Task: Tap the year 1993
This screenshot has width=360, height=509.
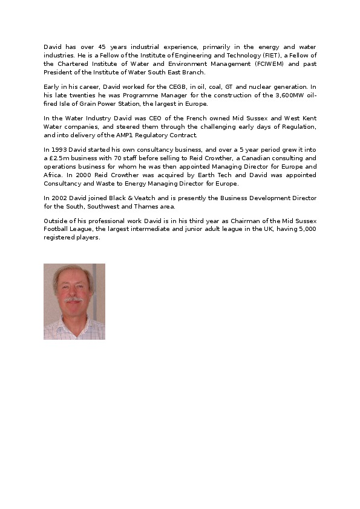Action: point(59,149)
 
